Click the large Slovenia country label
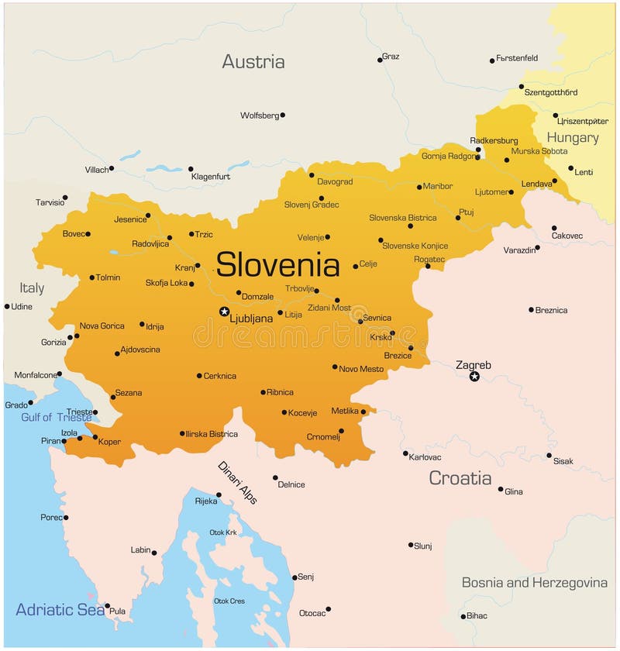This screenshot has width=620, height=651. coord(277,265)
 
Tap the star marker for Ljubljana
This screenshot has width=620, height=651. coord(224,312)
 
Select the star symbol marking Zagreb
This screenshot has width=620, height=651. coord(474,377)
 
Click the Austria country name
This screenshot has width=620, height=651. coord(253,62)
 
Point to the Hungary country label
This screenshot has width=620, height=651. coord(573,138)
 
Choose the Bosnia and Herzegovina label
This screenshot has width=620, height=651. coord(535,583)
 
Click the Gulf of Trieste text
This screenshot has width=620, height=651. coord(56,418)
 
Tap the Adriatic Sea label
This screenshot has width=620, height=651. coord(60,609)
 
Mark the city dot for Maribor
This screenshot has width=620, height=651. coord(419,187)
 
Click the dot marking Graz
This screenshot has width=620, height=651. coord(381,59)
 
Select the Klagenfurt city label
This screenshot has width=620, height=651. coord(210,177)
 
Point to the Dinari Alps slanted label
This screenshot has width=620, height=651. coord(237,483)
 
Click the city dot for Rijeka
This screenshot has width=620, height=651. coord(219,494)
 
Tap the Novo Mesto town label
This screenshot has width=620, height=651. coord(361,369)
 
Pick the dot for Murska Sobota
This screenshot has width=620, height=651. coord(507,160)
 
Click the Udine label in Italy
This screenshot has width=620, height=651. coord(22,307)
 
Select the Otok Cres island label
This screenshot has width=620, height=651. coord(229,601)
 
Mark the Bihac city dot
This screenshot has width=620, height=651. coord(463,617)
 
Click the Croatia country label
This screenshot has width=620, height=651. coord(460,478)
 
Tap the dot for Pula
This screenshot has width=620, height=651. coord(108,606)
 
